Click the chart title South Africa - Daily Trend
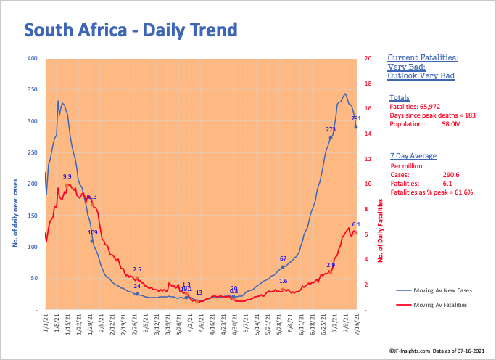coord(131,30)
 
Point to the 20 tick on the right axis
coord(368,58)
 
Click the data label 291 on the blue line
coord(356,118)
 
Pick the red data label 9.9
coord(67,176)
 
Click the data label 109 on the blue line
coord(93,232)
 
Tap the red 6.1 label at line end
coord(356,224)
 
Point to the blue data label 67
coord(283,258)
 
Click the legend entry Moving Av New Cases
coord(439,290)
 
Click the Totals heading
coord(399,97)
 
